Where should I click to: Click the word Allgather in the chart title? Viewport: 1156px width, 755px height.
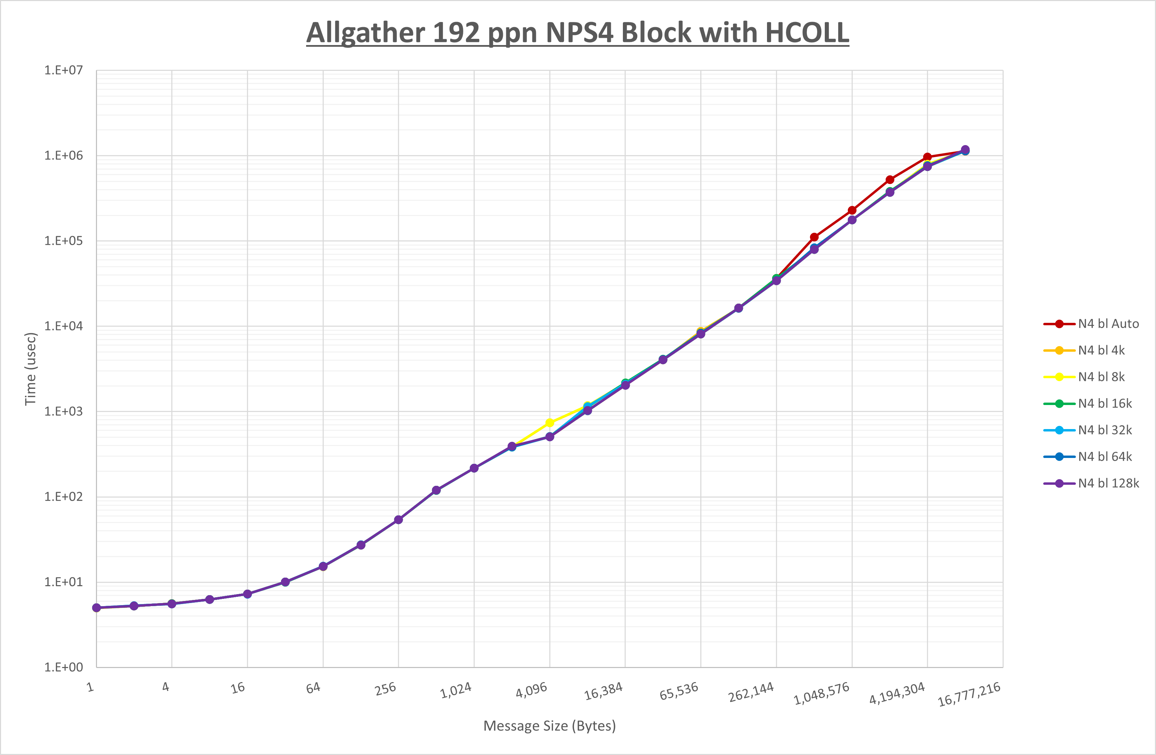[366, 33]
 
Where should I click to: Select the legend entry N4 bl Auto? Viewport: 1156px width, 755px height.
[1108, 324]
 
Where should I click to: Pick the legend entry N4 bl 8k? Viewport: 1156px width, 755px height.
[1101, 377]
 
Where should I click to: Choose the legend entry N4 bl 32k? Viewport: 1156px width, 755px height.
[1104, 430]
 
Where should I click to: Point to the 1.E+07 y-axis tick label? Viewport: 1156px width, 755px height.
[64, 70]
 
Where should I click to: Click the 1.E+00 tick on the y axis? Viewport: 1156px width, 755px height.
[64, 667]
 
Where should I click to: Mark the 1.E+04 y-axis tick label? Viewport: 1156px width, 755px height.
[64, 326]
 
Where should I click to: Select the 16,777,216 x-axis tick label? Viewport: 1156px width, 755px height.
[969, 694]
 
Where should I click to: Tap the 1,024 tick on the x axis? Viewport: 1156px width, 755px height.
[456, 690]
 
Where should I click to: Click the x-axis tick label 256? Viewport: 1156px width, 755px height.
[385, 689]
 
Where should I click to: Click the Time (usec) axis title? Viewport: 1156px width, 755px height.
[31, 369]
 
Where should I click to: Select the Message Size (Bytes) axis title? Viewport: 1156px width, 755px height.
[549, 726]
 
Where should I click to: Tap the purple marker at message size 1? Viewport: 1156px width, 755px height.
[96, 608]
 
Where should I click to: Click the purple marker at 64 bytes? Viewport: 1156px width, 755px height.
[323, 567]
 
